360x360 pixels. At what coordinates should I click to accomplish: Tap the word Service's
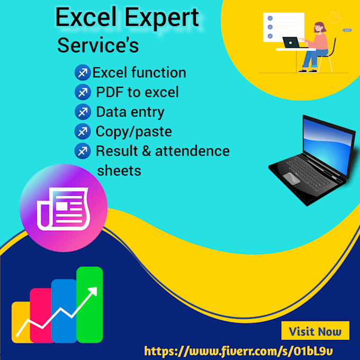[98, 45]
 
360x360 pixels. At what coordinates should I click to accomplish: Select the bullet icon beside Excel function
[83, 73]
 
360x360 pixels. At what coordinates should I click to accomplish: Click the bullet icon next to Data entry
[83, 112]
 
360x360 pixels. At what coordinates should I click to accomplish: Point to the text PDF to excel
[137, 92]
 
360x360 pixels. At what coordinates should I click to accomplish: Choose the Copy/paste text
[134, 132]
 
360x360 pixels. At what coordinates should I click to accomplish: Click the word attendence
[192, 151]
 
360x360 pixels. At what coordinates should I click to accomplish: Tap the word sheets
[119, 171]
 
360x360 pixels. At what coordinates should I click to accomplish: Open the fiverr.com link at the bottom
[239, 351]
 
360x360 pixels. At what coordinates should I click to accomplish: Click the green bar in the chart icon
[89, 304]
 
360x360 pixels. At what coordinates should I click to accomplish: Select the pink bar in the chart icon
[41, 315]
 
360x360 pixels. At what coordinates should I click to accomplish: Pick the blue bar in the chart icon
[64, 311]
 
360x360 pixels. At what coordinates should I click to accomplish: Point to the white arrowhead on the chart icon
[93, 291]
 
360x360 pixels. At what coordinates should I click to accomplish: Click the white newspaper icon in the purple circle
[63, 209]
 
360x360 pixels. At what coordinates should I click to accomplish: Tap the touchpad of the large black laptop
[292, 178]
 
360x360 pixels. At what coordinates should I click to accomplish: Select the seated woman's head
[319, 28]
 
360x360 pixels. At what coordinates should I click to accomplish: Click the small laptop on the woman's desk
[292, 42]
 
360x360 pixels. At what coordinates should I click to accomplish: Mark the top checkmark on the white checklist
[270, 18]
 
